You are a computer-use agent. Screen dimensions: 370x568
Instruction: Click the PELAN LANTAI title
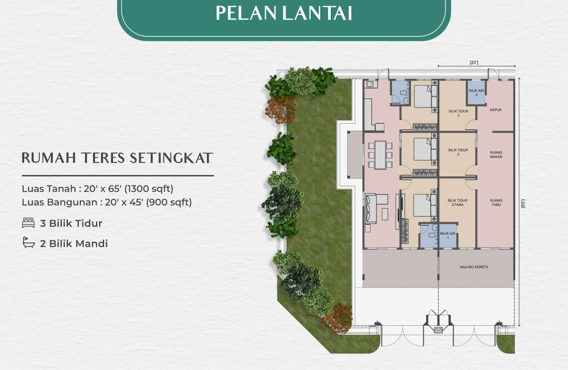point(283,14)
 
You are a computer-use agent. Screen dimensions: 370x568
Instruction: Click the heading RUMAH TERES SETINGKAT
point(117,158)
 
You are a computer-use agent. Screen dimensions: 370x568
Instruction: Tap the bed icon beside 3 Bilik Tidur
point(28,223)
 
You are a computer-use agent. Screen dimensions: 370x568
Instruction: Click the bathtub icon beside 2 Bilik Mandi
point(28,243)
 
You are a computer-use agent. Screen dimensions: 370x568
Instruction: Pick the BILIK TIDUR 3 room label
point(458,113)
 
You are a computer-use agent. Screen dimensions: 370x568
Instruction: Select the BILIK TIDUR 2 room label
point(458,152)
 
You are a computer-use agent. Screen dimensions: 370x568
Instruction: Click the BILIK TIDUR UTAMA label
point(457,203)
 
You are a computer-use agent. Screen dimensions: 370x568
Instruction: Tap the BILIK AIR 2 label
point(476,92)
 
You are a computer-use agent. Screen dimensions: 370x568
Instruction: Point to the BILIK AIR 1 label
point(447,236)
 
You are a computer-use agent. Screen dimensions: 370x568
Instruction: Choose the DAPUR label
point(496,110)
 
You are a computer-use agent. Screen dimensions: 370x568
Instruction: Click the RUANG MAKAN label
point(496,154)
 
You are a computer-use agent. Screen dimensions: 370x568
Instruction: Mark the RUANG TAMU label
point(496,203)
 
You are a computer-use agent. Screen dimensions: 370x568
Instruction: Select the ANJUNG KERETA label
point(474,267)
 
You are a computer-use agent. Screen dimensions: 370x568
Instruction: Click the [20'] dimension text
point(474,63)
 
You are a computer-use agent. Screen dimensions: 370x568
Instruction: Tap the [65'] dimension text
point(523,205)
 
